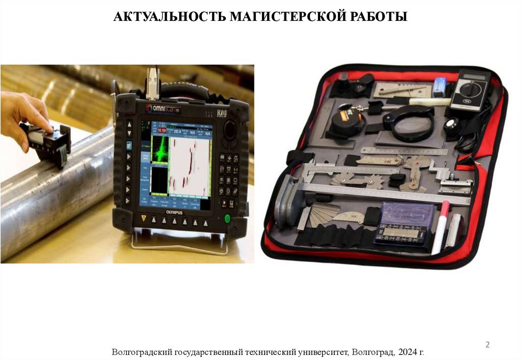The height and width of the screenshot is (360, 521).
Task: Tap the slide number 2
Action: pos(487,345)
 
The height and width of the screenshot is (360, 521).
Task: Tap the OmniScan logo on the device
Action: pos(164,108)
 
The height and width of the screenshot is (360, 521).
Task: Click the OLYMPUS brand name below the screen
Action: pos(173,214)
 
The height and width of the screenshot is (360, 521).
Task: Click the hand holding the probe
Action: pos(22,114)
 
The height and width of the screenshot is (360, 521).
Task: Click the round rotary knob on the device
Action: pos(230,129)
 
